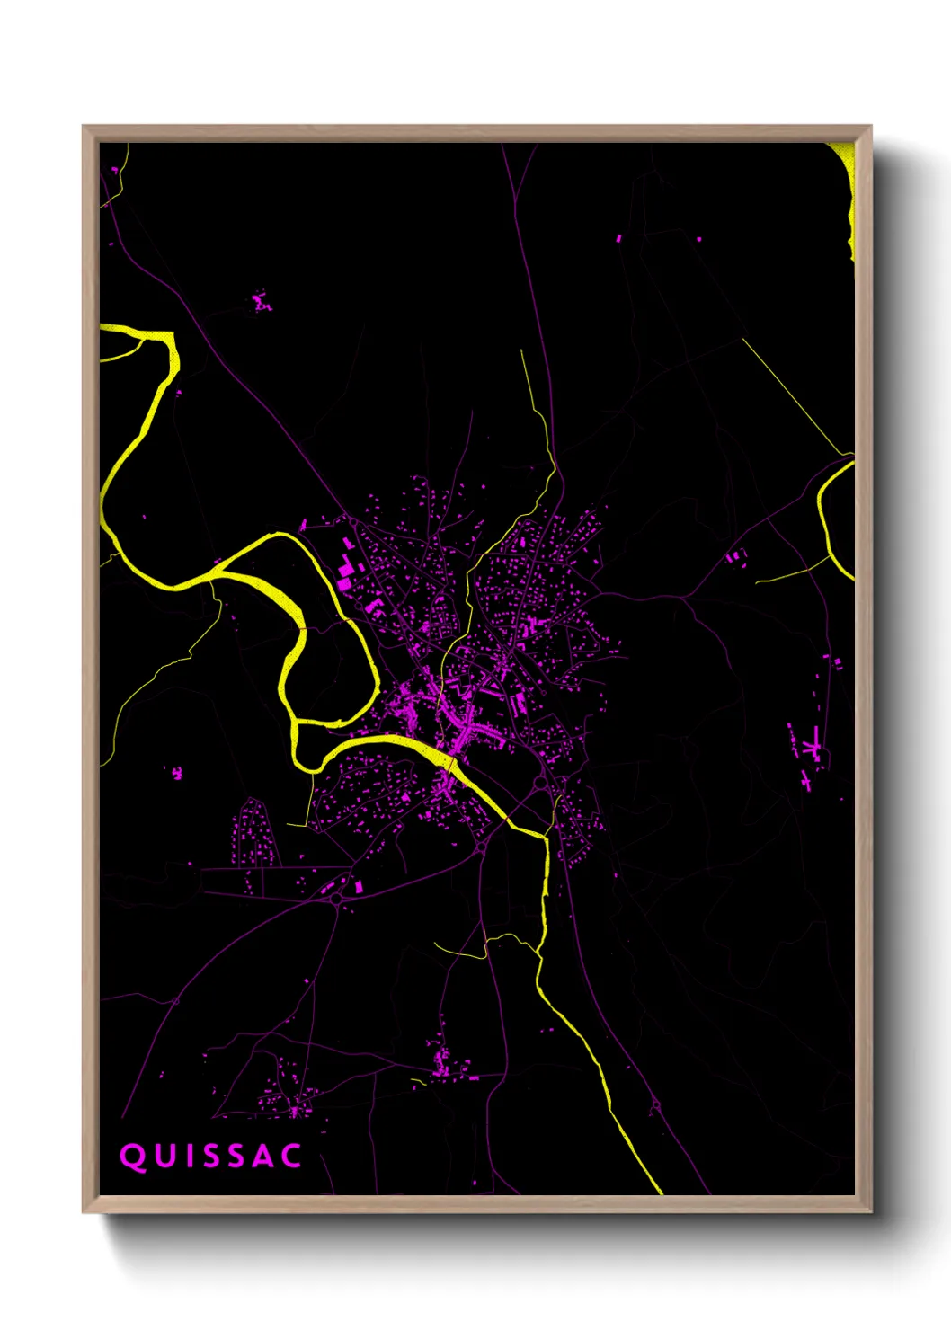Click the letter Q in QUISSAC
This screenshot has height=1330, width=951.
[132, 1157]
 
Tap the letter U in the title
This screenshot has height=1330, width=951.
[164, 1157]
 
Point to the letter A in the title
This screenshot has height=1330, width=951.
[260, 1157]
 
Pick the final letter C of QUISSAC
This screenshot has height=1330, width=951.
[291, 1157]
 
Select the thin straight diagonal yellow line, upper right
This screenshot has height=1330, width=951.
[795, 395]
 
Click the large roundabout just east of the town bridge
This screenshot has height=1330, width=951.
[540, 784]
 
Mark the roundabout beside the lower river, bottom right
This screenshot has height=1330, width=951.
[654, 1108]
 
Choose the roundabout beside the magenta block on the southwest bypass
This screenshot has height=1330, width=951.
[337, 897]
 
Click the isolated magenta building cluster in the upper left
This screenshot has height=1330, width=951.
[261, 303]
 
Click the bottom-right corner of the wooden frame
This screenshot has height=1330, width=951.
[870, 1210]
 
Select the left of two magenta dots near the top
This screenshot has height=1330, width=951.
[619, 238]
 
